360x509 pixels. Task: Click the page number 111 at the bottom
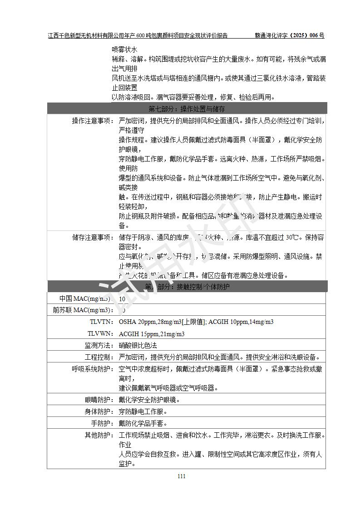pyautogui.click(x=182, y=476)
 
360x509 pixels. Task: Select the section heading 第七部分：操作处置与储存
pyautogui.click(x=187, y=109)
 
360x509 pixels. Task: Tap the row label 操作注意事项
pyautogui.click(x=92, y=121)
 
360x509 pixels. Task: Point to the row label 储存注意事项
pyautogui.click(x=92, y=237)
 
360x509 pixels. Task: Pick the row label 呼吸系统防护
pyautogui.click(x=92, y=369)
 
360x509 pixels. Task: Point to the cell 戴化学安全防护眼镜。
pyautogui.click(x=149, y=400)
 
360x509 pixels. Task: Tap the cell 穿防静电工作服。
pyautogui.click(x=143, y=411)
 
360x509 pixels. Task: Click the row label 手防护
pyautogui.click(x=101, y=423)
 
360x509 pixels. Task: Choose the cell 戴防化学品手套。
pyautogui.click(x=143, y=423)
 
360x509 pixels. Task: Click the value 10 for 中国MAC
pyautogui.click(x=122, y=299)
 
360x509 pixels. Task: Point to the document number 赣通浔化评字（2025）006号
pyautogui.click(x=289, y=35)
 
